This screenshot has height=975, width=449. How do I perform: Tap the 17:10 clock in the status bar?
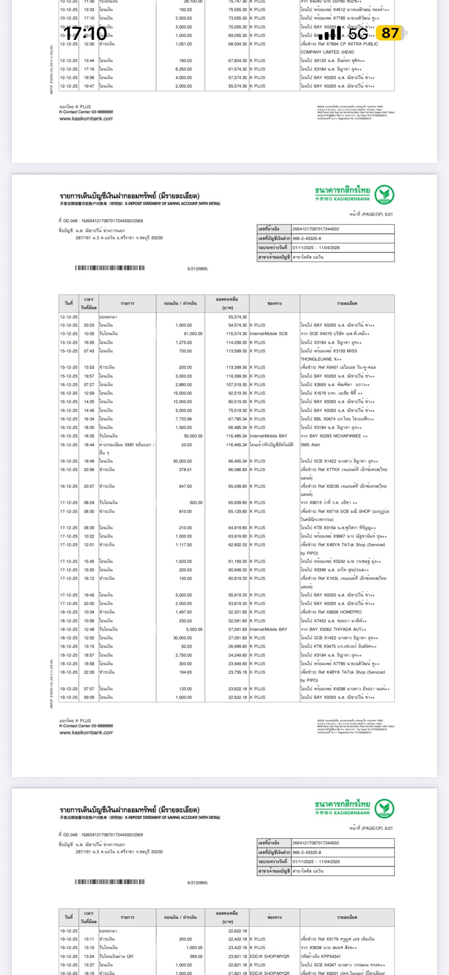[x=85, y=34]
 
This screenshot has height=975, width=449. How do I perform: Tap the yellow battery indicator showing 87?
[x=391, y=34]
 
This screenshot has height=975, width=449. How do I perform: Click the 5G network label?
[x=358, y=34]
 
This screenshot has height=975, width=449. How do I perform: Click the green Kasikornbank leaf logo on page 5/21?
[x=384, y=195]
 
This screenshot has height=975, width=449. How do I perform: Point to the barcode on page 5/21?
[x=110, y=268]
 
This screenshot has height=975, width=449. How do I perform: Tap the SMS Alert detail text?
[x=310, y=445]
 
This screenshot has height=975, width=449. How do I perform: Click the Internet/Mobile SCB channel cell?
[x=268, y=334]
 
